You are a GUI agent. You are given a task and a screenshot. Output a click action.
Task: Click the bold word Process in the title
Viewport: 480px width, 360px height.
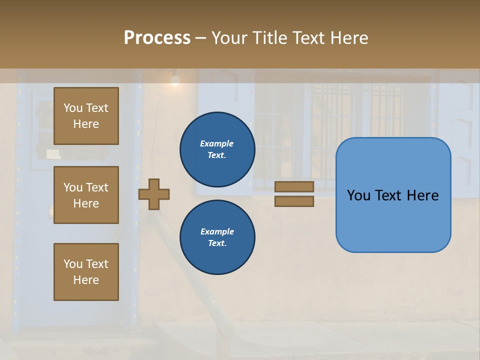coord(157,38)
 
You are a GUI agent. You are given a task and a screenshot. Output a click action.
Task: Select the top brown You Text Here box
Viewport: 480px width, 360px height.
coord(86,116)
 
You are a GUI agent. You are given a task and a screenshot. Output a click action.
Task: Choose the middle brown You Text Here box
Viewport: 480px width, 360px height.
coord(86,195)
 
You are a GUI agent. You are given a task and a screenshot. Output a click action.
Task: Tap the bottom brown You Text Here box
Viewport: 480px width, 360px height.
coord(86,272)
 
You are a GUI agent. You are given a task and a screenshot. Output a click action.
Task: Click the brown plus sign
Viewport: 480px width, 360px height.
coord(154,194)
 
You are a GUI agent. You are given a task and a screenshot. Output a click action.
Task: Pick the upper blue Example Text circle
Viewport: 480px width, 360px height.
coord(217,149)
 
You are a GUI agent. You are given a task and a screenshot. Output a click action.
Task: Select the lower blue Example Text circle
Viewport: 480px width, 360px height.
coord(217,237)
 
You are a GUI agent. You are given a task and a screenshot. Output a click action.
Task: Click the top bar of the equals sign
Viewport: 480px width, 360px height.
coord(294,186)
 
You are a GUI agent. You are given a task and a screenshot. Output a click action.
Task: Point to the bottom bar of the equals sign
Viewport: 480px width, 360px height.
coord(294,201)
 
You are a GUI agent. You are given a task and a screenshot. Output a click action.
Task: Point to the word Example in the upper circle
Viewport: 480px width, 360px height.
coord(216,143)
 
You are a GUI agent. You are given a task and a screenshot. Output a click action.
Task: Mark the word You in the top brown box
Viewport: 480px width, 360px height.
coord(73,108)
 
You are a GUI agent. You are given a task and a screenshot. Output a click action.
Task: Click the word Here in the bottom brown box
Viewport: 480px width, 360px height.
coord(86,280)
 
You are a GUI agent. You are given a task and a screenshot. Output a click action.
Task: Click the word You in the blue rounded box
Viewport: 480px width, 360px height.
coord(359,195)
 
